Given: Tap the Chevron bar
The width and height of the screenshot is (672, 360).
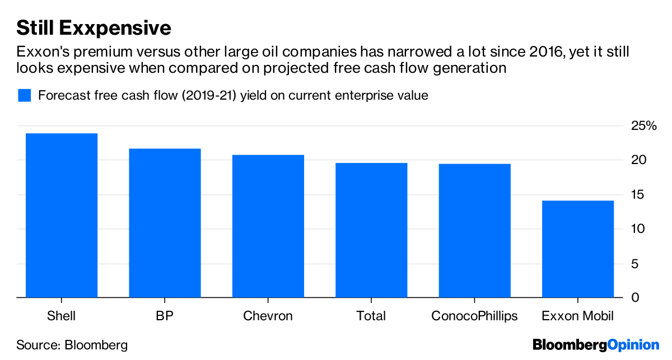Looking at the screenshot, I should pos(268,226).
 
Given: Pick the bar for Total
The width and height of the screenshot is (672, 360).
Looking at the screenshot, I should pos(371,230).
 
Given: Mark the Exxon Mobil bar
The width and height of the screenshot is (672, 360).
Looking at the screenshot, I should pos(578,249).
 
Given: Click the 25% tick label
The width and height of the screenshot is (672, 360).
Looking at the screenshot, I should pos(643,126).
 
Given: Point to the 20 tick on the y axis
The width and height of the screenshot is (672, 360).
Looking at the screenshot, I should pos(639,161).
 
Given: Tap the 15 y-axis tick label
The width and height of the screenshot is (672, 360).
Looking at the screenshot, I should pos(639,195).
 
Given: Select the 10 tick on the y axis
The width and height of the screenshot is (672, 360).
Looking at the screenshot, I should pos(639,229).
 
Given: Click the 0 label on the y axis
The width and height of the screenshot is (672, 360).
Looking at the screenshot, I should pos(635,298).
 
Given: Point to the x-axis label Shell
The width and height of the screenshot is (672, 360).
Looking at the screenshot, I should pos(62,316).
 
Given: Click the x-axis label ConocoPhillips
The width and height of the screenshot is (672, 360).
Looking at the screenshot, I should pos(475,316).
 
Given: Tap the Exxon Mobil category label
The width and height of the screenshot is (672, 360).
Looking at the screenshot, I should pos(578,316).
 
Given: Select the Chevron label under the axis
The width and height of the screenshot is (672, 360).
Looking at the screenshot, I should pos(268,316).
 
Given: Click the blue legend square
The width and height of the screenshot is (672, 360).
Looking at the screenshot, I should pos(24,95).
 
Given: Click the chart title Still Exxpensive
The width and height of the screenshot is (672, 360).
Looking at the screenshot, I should pos(94,27).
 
